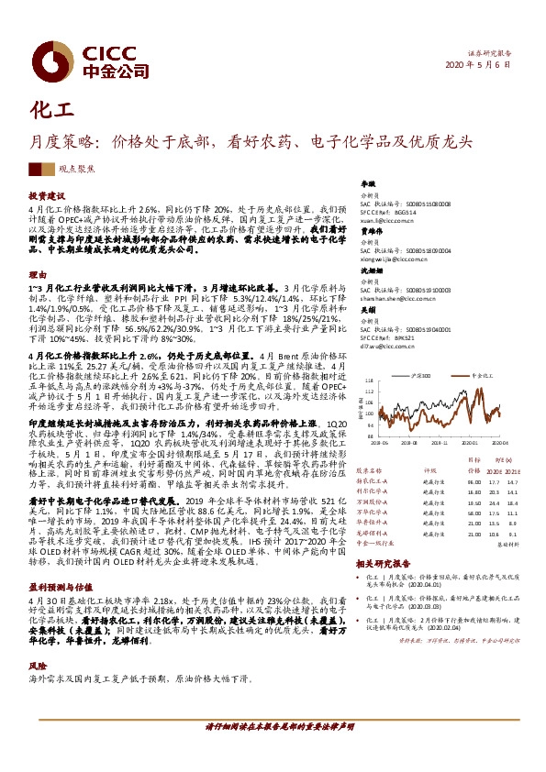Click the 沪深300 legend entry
point(421,376)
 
